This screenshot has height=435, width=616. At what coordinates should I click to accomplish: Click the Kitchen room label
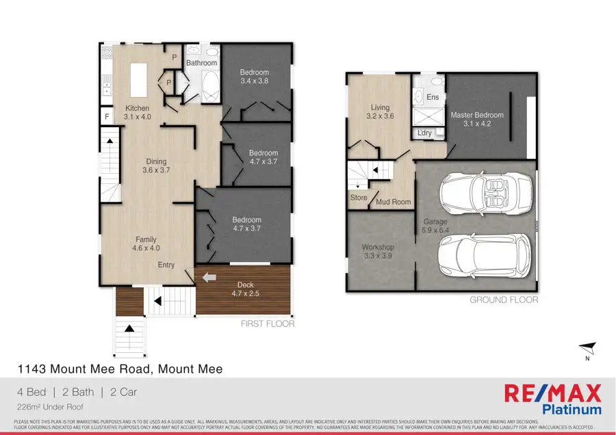point(137,108)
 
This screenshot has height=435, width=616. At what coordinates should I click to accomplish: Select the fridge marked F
point(107,117)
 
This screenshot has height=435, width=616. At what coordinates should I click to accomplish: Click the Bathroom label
point(201,63)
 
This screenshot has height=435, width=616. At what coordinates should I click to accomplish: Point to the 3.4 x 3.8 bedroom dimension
point(254,81)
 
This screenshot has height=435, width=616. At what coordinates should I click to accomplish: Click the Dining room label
point(156,161)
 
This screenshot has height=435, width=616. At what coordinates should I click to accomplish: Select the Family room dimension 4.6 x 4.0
point(146,248)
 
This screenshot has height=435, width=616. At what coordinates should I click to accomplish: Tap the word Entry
point(166,265)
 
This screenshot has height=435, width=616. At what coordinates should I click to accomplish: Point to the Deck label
point(245,285)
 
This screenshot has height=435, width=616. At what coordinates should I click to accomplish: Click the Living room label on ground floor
point(380,107)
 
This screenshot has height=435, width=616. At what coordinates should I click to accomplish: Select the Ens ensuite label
point(433,98)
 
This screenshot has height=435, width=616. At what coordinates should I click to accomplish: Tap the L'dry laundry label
point(424,133)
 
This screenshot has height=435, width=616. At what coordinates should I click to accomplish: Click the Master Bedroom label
point(477,115)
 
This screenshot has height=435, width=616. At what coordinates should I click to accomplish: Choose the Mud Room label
point(394,202)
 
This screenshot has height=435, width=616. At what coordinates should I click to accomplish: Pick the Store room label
point(359,198)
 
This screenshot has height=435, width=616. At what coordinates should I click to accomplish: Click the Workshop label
point(378,247)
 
